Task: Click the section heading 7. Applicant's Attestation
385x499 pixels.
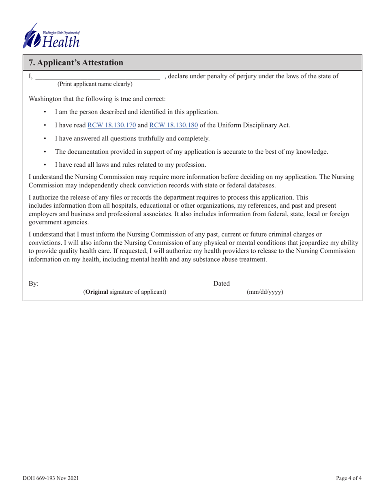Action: click(76, 63)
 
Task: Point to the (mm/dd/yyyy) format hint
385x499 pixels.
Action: click(265, 292)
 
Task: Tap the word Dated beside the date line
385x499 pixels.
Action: click(222, 283)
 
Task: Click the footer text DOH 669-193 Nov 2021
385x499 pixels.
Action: click(51, 478)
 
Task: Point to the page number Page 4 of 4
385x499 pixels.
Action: click(349, 478)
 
